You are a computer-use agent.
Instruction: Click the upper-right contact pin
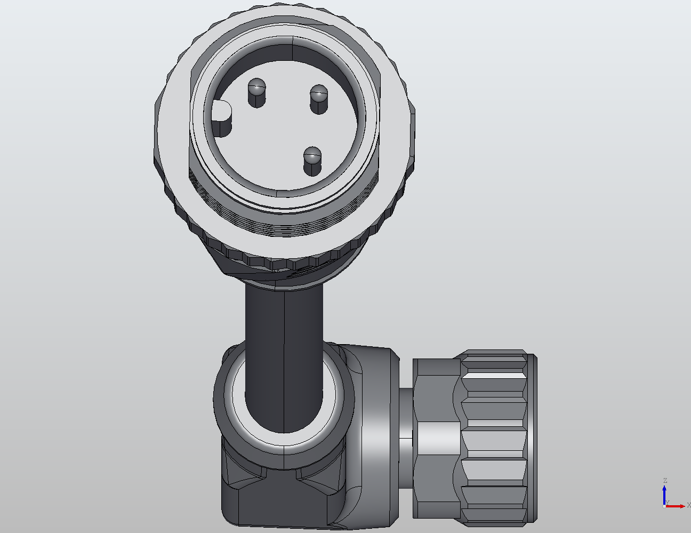(318, 99)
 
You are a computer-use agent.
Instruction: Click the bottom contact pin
(312, 161)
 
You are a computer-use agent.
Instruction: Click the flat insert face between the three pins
(283, 133)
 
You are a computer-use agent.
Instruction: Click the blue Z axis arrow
(665, 494)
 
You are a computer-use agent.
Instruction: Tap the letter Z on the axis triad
(665, 481)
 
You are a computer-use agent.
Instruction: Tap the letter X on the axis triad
(688, 505)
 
